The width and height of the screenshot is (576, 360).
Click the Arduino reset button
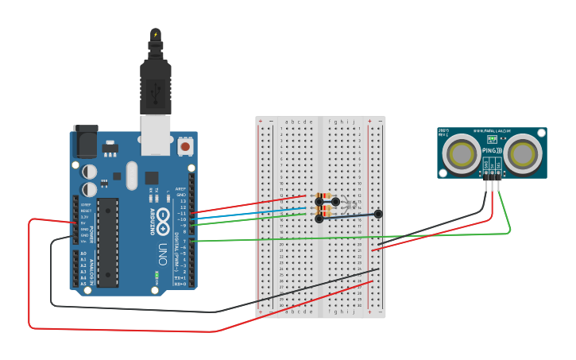coord(185,146)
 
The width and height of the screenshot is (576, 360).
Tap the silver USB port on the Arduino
coord(156,134)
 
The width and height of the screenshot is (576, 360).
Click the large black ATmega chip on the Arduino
coord(108,242)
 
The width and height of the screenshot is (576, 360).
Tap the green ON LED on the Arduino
coord(157,274)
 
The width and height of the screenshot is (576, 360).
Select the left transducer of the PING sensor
coord(462,153)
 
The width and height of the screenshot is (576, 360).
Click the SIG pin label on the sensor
coord(498,166)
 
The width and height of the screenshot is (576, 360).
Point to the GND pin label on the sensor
coord(485,166)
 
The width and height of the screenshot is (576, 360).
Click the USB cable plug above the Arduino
coord(156,79)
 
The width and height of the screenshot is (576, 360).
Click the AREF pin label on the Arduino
coord(181,189)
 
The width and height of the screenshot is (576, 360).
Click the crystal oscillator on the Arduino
coord(131,176)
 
